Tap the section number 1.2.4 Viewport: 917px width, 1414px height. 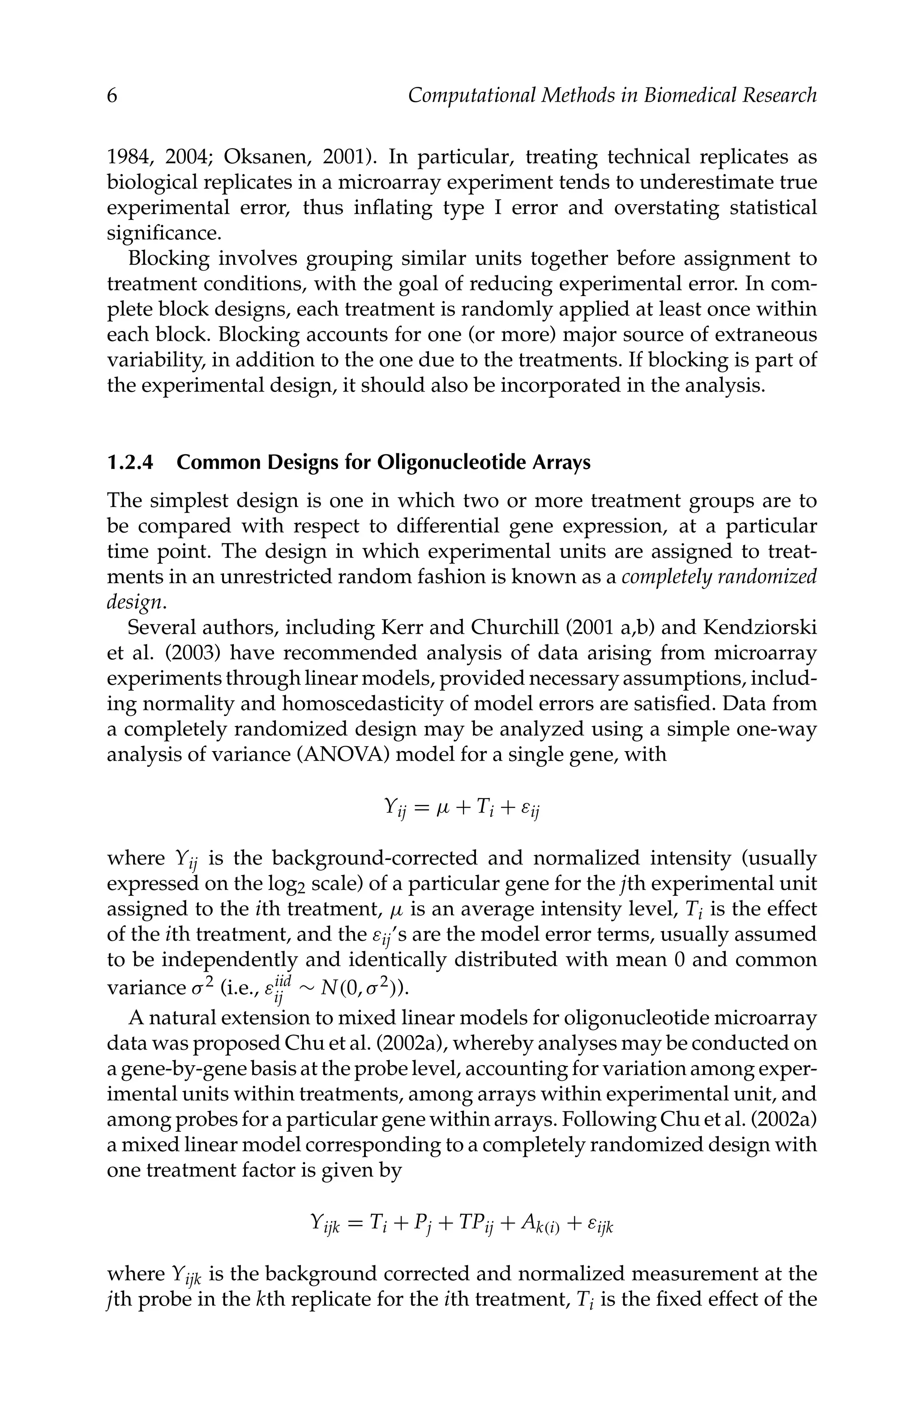point(130,462)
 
